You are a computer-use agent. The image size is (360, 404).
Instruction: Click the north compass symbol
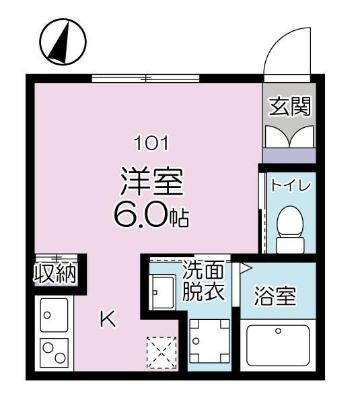[x=62, y=42]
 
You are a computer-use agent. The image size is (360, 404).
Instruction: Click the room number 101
[x=151, y=143]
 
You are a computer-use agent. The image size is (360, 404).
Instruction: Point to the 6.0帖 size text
[x=151, y=215]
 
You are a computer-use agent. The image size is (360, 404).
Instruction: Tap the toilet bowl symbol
[x=290, y=226]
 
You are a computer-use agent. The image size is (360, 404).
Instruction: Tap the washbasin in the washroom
[x=162, y=293]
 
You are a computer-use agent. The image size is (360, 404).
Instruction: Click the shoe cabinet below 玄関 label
[x=289, y=137]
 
